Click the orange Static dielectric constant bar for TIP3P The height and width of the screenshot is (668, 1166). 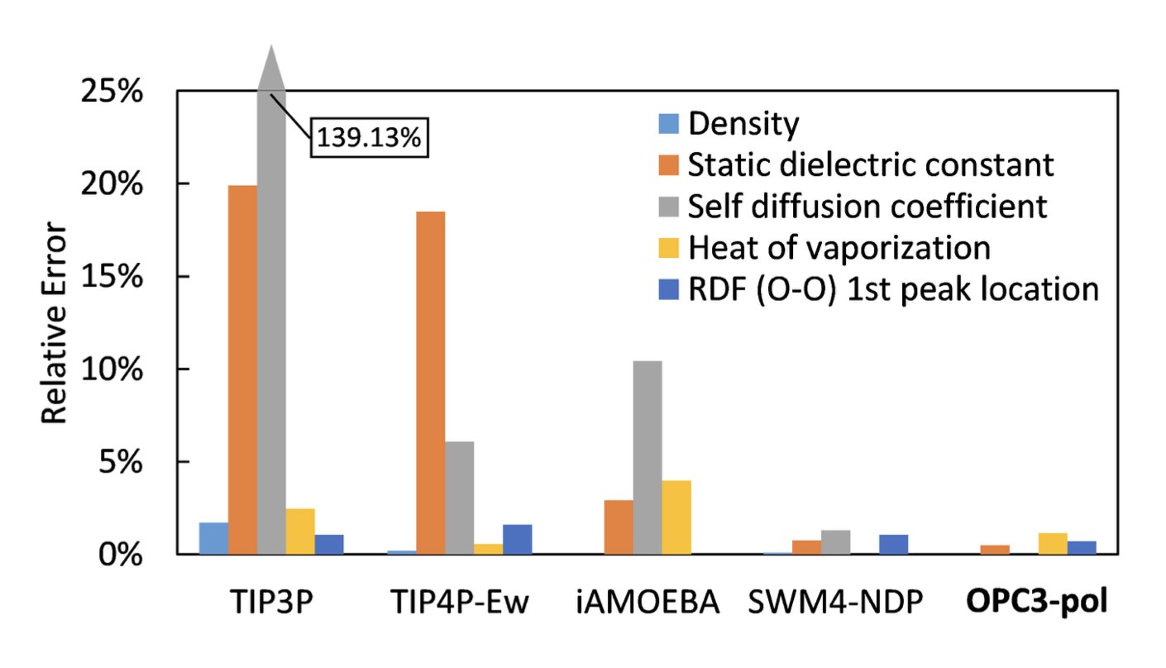pyautogui.click(x=242, y=370)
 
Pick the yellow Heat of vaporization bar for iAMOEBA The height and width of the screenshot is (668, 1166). pyautogui.click(x=676, y=517)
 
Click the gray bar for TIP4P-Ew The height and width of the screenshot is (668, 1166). pyautogui.click(x=460, y=498)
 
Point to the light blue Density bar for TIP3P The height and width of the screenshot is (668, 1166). pyautogui.click(x=213, y=538)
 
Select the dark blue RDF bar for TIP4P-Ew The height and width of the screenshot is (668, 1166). pyautogui.click(x=518, y=539)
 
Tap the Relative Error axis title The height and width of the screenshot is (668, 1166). pyautogui.click(x=55, y=322)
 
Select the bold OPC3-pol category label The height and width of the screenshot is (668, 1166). pyautogui.click(x=1049, y=603)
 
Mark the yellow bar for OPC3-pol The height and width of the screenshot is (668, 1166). pyautogui.click(x=1053, y=543)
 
